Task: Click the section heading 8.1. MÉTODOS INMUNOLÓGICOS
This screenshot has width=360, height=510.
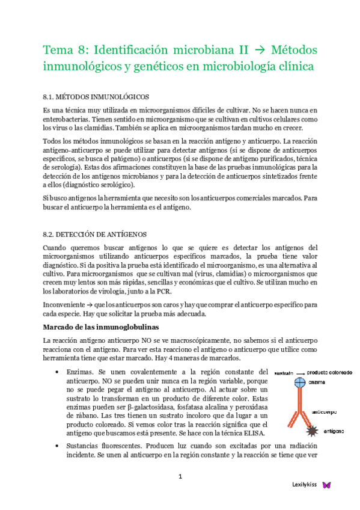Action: pos(96,96)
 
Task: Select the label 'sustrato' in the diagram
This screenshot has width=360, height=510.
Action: pos(283,373)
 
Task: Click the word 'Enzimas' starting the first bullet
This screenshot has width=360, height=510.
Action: pos(80,372)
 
